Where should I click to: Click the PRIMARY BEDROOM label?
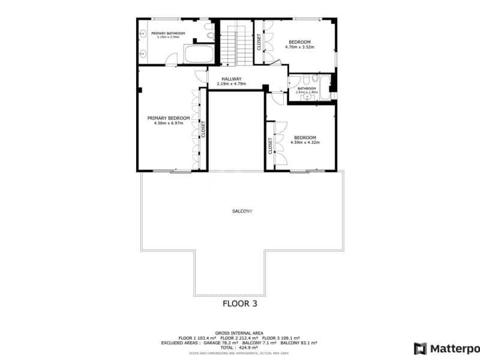point(169,118)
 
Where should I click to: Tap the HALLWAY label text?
point(231,79)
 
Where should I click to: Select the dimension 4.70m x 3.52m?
point(299,47)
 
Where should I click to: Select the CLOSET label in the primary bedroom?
point(203,129)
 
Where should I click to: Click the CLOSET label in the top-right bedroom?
point(259,42)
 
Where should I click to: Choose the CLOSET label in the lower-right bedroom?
point(270,146)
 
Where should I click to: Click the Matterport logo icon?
point(421,348)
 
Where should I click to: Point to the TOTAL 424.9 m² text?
point(239,347)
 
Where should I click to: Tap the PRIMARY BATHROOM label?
point(168,33)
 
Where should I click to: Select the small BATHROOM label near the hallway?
point(307,89)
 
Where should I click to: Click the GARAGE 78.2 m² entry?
point(220,343)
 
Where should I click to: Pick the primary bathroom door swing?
point(172,59)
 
